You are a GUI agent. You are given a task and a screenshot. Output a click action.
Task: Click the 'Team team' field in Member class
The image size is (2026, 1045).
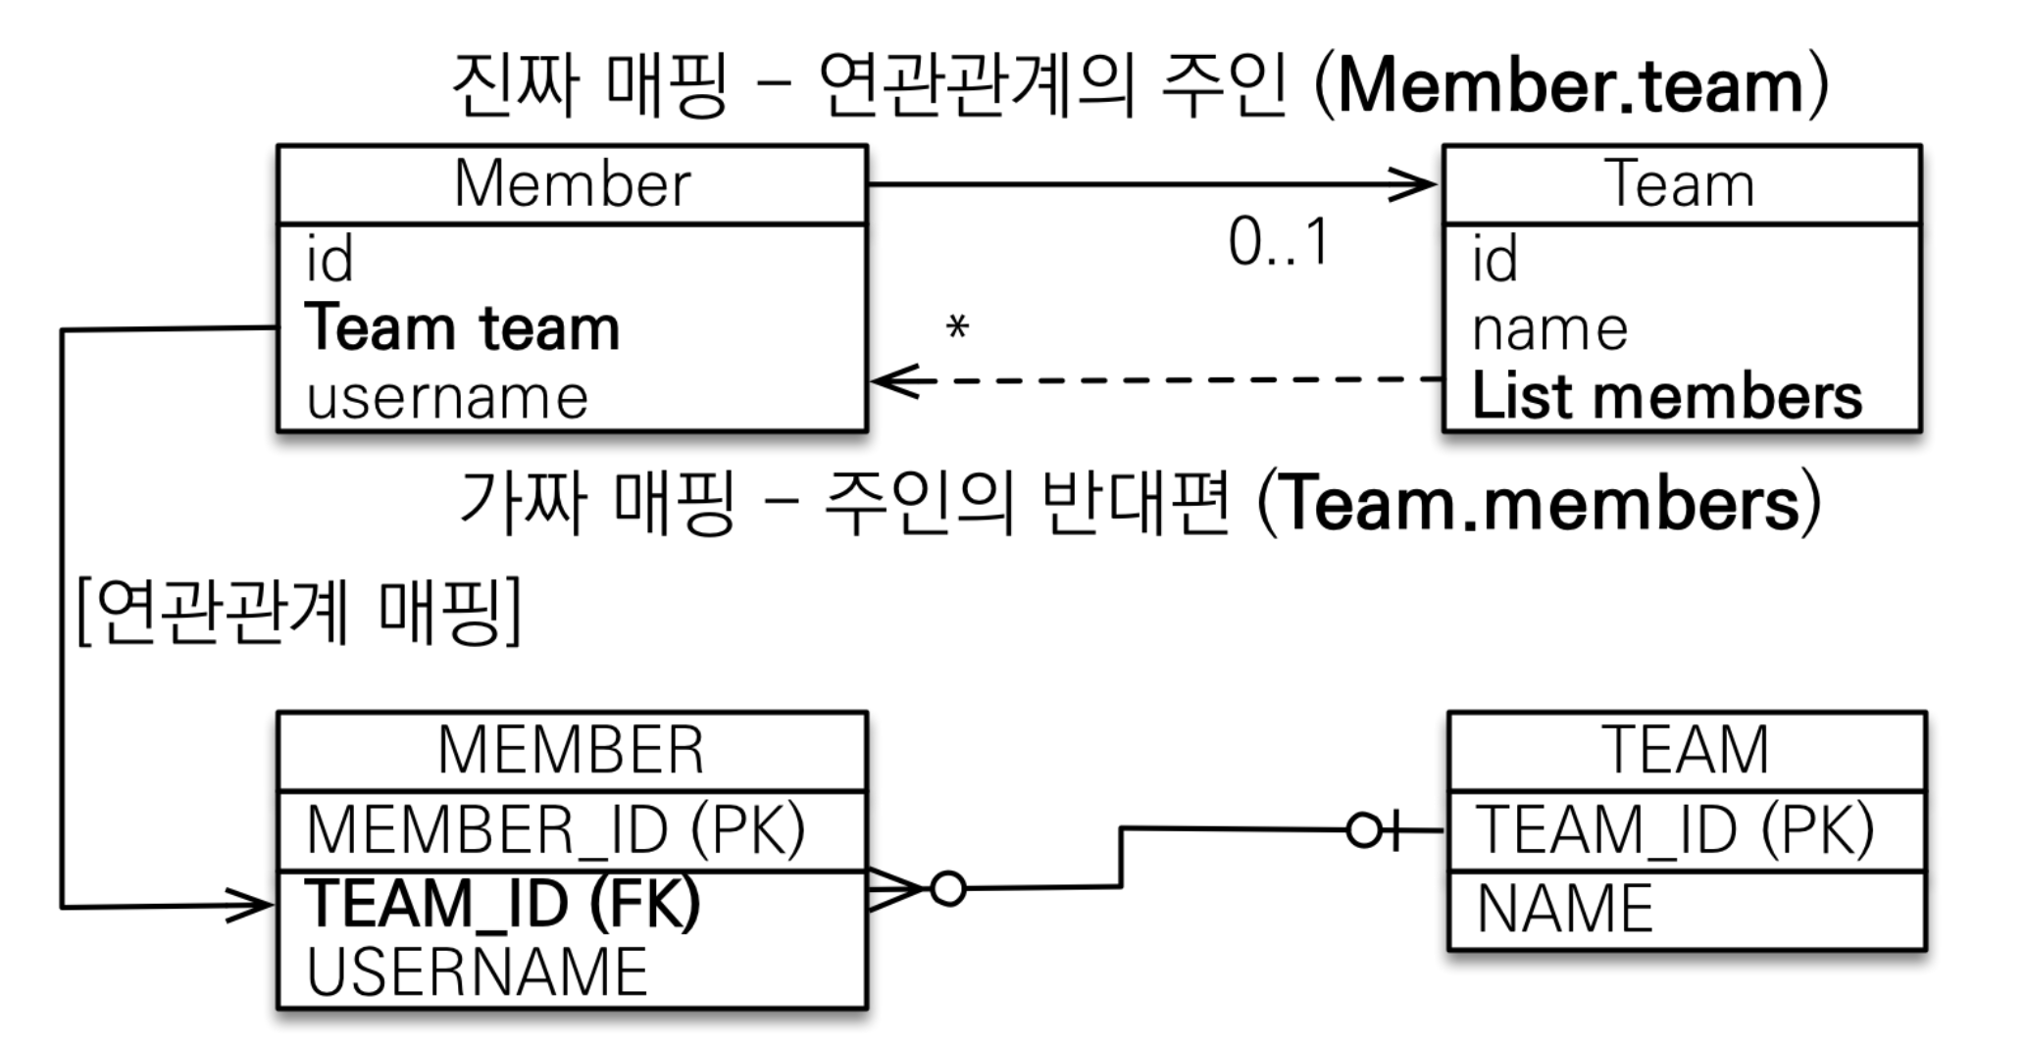(x=462, y=327)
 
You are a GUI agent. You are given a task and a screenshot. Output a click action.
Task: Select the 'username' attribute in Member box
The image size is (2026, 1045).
(x=447, y=397)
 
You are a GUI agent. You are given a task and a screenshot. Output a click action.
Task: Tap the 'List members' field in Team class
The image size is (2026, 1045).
(x=1666, y=397)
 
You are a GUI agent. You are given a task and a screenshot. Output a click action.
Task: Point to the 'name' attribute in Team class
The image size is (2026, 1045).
(x=1549, y=328)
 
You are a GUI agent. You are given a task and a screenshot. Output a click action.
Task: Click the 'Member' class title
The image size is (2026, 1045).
(x=572, y=184)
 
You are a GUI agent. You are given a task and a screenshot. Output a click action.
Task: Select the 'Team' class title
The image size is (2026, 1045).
(x=1680, y=184)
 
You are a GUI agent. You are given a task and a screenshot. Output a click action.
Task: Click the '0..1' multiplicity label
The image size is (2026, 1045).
(x=1279, y=242)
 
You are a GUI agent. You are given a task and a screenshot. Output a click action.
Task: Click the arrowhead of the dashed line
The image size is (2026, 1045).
(x=886, y=380)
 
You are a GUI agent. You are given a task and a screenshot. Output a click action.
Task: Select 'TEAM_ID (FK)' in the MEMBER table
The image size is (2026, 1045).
(x=503, y=903)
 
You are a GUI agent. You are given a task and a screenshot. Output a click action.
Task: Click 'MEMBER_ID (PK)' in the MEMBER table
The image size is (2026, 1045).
(x=555, y=829)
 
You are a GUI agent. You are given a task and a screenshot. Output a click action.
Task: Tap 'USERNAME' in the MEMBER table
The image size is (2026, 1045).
(x=477, y=971)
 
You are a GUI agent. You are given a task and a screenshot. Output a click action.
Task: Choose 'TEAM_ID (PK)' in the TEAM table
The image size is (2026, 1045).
(x=1674, y=829)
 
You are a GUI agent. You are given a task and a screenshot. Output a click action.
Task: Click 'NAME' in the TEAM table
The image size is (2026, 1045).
(x=1564, y=909)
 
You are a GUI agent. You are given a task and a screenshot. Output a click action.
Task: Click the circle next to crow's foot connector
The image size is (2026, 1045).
(x=947, y=889)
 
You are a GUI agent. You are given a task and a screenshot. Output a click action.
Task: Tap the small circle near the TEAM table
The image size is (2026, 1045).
(x=1364, y=830)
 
